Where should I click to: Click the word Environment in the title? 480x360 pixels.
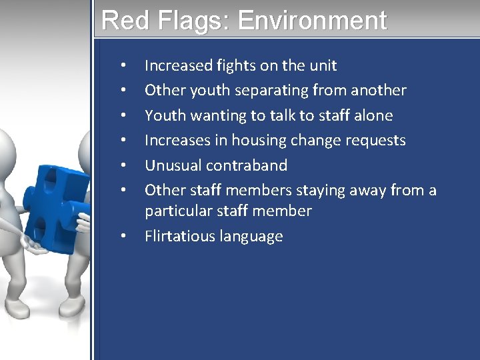pyautogui.click(x=311, y=20)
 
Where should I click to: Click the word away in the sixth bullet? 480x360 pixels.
pyautogui.click(x=375, y=191)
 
